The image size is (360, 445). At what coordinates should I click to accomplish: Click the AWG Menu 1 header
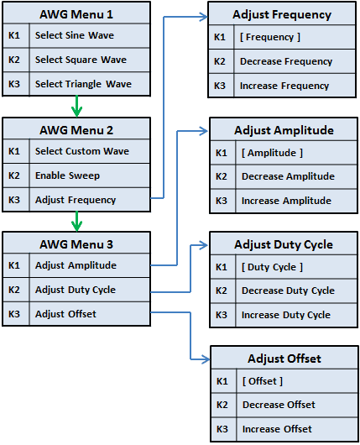[76, 14]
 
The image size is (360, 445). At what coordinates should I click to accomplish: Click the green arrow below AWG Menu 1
[76, 107]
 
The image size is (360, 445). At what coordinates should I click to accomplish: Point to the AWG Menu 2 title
[76, 130]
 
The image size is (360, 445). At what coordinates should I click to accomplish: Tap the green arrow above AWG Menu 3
[76, 222]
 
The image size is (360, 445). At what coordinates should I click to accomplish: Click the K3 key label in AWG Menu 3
[14, 314]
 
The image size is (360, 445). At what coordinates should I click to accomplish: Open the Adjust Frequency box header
[282, 14]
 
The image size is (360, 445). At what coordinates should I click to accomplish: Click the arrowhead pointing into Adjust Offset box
[203, 360]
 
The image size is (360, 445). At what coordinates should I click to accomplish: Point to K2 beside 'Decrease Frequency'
[220, 61]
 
